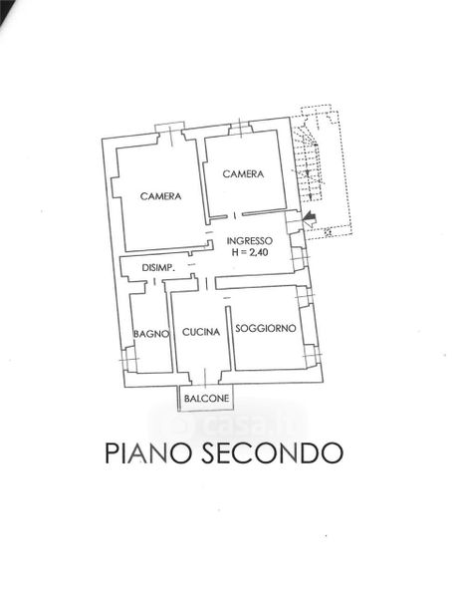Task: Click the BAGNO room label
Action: coord(151,334)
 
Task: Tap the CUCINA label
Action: coord(201,332)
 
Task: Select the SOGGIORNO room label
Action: coord(266,328)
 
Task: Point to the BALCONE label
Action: coord(206,399)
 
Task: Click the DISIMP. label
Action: coord(158,268)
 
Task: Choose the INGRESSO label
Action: coord(250,241)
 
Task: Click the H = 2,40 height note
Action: coord(250,252)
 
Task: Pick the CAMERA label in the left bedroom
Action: coord(160,196)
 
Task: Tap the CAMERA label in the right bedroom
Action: coord(243,174)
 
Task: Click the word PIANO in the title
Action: coord(147,452)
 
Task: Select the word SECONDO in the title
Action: coord(272,452)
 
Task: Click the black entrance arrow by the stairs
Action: coord(310,219)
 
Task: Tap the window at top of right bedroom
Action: coord(241,127)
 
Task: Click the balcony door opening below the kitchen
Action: coord(205,377)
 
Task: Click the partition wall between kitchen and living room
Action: coord(229,338)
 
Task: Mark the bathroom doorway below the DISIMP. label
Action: coord(154,282)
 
